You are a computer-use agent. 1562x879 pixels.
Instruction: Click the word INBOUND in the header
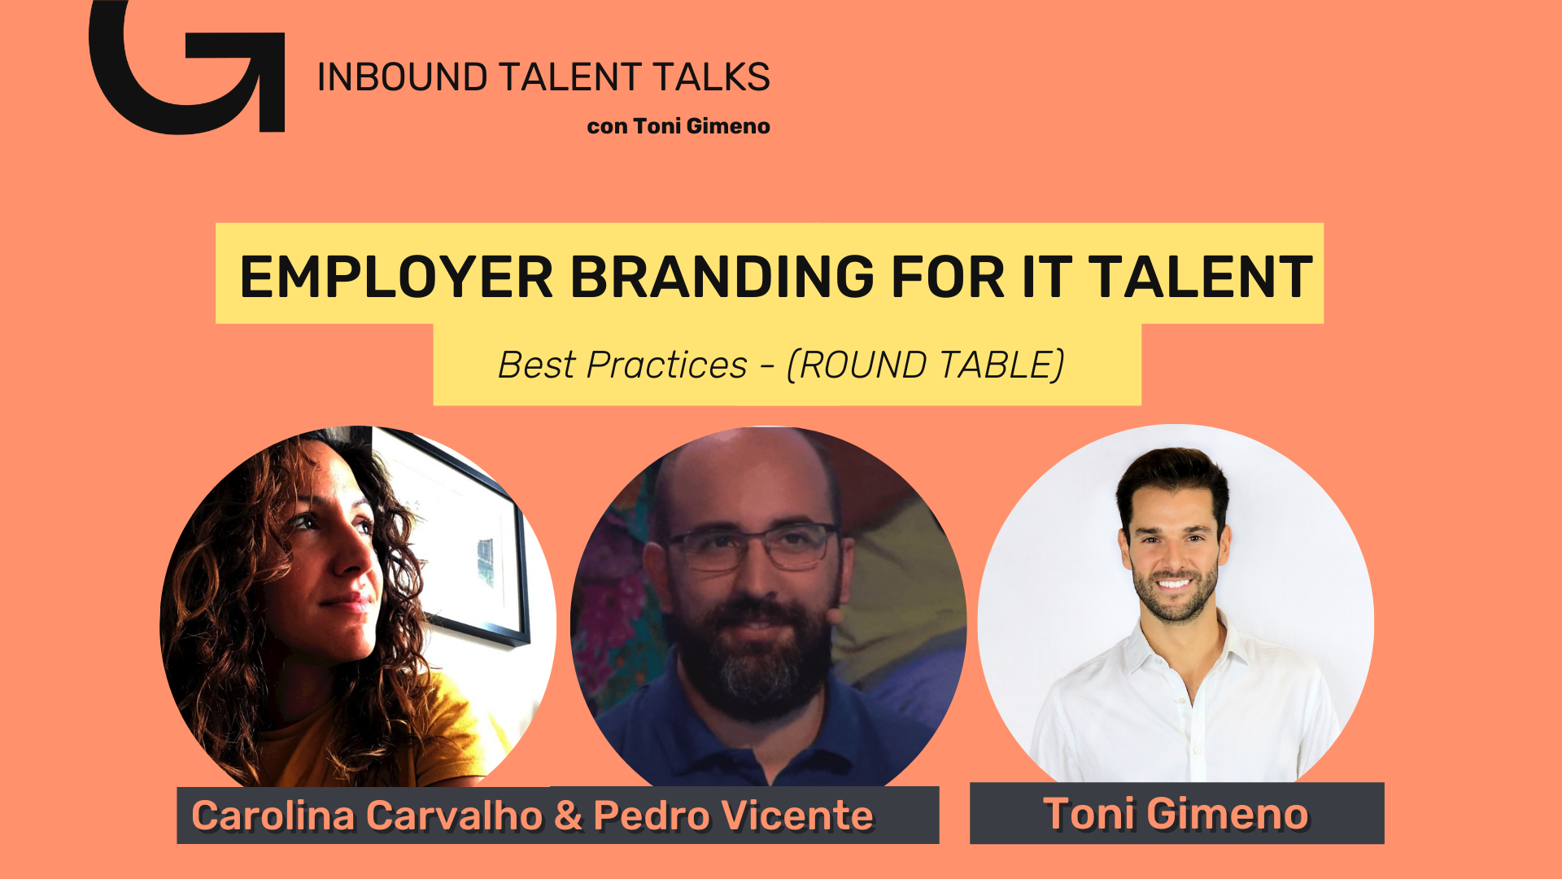click(402, 77)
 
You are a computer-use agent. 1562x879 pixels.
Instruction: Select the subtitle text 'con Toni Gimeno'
click(678, 126)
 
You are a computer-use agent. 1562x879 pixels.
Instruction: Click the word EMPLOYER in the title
click(396, 277)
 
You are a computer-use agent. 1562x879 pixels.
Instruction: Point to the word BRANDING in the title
click(722, 277)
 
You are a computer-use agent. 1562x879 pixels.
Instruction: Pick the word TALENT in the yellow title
click(1201, 277)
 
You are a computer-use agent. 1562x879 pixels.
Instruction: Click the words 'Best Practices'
click(622, 365)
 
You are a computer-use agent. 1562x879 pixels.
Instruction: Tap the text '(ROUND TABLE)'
click(925, 365)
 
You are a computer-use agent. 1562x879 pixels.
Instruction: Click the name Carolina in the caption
click(273, 816)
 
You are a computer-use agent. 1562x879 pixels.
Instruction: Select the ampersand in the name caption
click(568, 816)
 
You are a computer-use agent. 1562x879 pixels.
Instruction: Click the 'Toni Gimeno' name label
click(1176, 814)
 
